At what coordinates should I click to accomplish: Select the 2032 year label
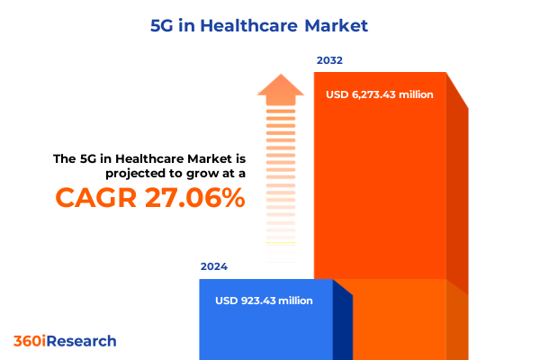click(x=329, y=61)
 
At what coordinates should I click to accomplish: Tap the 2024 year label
click(x=214, y=267)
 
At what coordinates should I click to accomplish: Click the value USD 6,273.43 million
click(x=380, y=94)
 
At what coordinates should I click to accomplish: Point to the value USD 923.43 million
click(x=265, y=301)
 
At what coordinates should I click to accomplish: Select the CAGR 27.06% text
click(x=149, y=197)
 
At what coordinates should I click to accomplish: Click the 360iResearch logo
click(x=65, y=341)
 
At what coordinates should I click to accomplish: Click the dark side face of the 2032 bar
click(x=457, y=198)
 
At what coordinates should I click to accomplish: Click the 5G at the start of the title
click(x=161, y=25)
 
